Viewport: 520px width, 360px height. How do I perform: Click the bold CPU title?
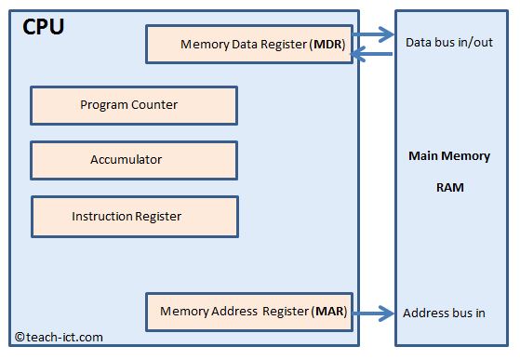point(44,27)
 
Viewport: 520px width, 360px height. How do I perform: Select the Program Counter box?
point(134,105)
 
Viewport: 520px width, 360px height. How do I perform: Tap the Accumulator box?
point(134,160)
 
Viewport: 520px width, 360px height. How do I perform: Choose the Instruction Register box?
point(134,216)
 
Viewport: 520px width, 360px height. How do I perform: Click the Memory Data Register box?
point(247,44)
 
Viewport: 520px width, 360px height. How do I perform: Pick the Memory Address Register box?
point(247,312)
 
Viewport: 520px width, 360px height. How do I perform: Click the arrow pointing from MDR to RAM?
point(373,36)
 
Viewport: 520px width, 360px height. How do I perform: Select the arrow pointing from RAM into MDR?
point(373,55)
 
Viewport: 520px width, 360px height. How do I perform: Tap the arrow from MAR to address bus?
point(373,313)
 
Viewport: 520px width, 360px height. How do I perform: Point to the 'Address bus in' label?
point(444,313)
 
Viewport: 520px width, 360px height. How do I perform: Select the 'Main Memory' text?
point(449,156)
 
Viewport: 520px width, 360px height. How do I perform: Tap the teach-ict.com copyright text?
point(59,338)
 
